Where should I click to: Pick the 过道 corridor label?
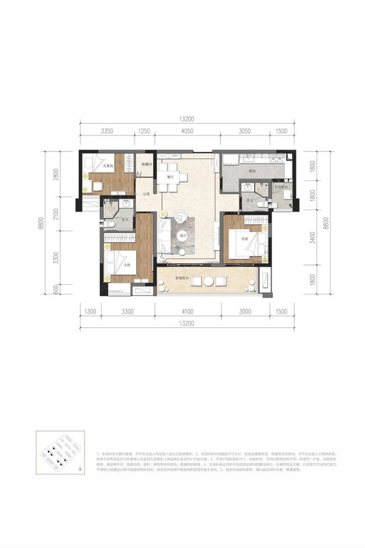tap(146, 193)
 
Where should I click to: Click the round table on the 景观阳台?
tap(208, 281)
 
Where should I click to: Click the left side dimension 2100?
tap(56, 214)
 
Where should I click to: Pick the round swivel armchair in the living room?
tap(181, 217)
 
